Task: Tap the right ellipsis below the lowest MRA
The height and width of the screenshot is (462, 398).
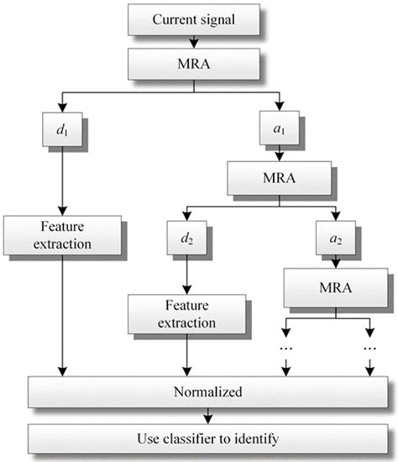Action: [369, 346]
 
